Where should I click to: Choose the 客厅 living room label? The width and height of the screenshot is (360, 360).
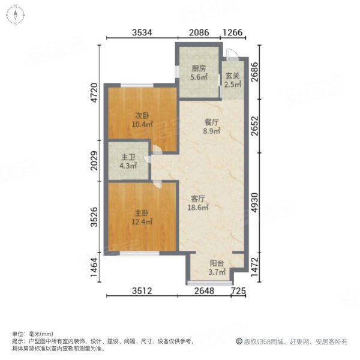(199, 198)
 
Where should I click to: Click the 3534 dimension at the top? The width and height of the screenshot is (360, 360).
(142, 33)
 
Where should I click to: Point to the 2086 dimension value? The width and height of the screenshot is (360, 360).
(199, 33)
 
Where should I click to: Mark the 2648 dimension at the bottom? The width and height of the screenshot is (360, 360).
(204, 292)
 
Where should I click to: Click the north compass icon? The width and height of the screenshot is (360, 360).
(16, 16)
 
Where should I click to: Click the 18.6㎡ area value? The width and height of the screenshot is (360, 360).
(199, 208)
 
